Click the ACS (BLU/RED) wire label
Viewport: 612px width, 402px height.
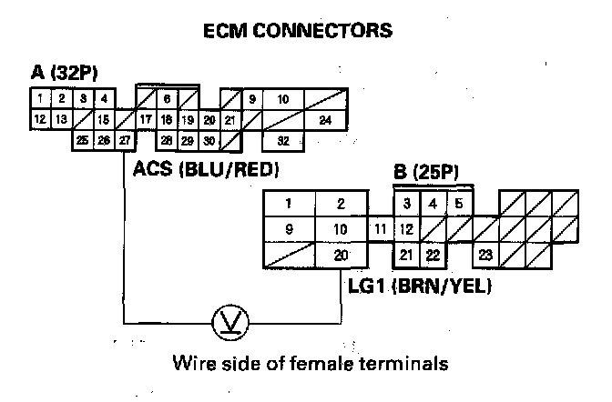tap(206, 168)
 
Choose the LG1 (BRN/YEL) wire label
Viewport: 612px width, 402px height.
tap(420, 287)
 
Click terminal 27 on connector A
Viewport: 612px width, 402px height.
tap(124, 140)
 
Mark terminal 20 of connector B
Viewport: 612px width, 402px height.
tap(341, 256)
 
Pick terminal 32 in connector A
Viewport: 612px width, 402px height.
tap(283, 140)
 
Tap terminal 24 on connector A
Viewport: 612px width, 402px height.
tap(324, 119)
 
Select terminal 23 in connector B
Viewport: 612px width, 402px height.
tap(486, 256)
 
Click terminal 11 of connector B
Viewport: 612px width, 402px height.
tap(380, 229)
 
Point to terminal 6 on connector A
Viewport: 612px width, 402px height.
tap(167, 98)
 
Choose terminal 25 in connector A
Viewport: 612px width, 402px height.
tap(83, 140)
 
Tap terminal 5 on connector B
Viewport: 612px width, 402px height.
tap(459, 203)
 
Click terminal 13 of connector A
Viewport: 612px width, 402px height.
tap(60, 119)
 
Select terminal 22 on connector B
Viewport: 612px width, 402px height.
tap(433, 256)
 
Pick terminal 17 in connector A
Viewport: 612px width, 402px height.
tap(146, 119)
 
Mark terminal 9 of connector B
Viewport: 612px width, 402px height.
tap(289, 229)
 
